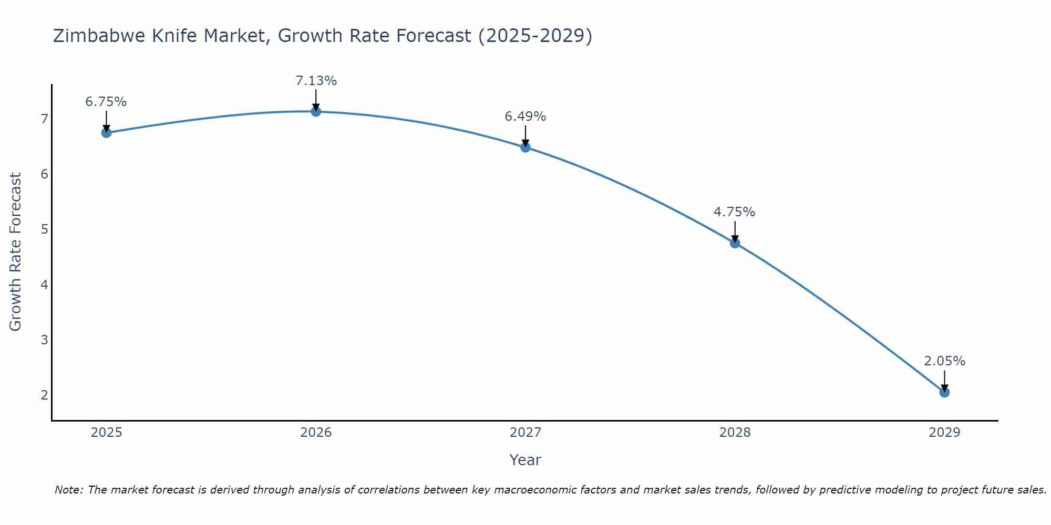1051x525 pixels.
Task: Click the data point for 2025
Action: coord(106,133)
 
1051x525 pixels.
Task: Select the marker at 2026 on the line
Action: coord(316,112)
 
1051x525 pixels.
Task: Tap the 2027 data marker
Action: coord(525,148)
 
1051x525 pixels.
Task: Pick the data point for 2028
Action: coord(735,243)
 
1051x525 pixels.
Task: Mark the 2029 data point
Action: coord(944,392)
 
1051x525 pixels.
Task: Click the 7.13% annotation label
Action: coord(316,81)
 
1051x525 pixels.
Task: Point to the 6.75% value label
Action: coord(106,102)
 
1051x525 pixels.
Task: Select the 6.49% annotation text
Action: coord(525,117)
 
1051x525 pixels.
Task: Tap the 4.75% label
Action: coord(734,212)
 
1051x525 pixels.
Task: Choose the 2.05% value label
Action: coord(944,361)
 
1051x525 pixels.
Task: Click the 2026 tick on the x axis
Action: coord(316,433)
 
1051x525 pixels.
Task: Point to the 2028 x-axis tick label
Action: coord(735,433)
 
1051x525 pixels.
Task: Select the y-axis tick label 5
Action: coord(44,229)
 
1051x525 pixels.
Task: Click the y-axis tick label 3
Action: coord(44,340)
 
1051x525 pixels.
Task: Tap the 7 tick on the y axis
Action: coord(44,119)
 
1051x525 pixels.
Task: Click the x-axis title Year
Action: coord(525,460)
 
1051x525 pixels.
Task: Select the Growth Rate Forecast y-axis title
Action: coord(16,252)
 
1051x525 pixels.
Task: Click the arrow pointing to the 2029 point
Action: coord(944,380)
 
